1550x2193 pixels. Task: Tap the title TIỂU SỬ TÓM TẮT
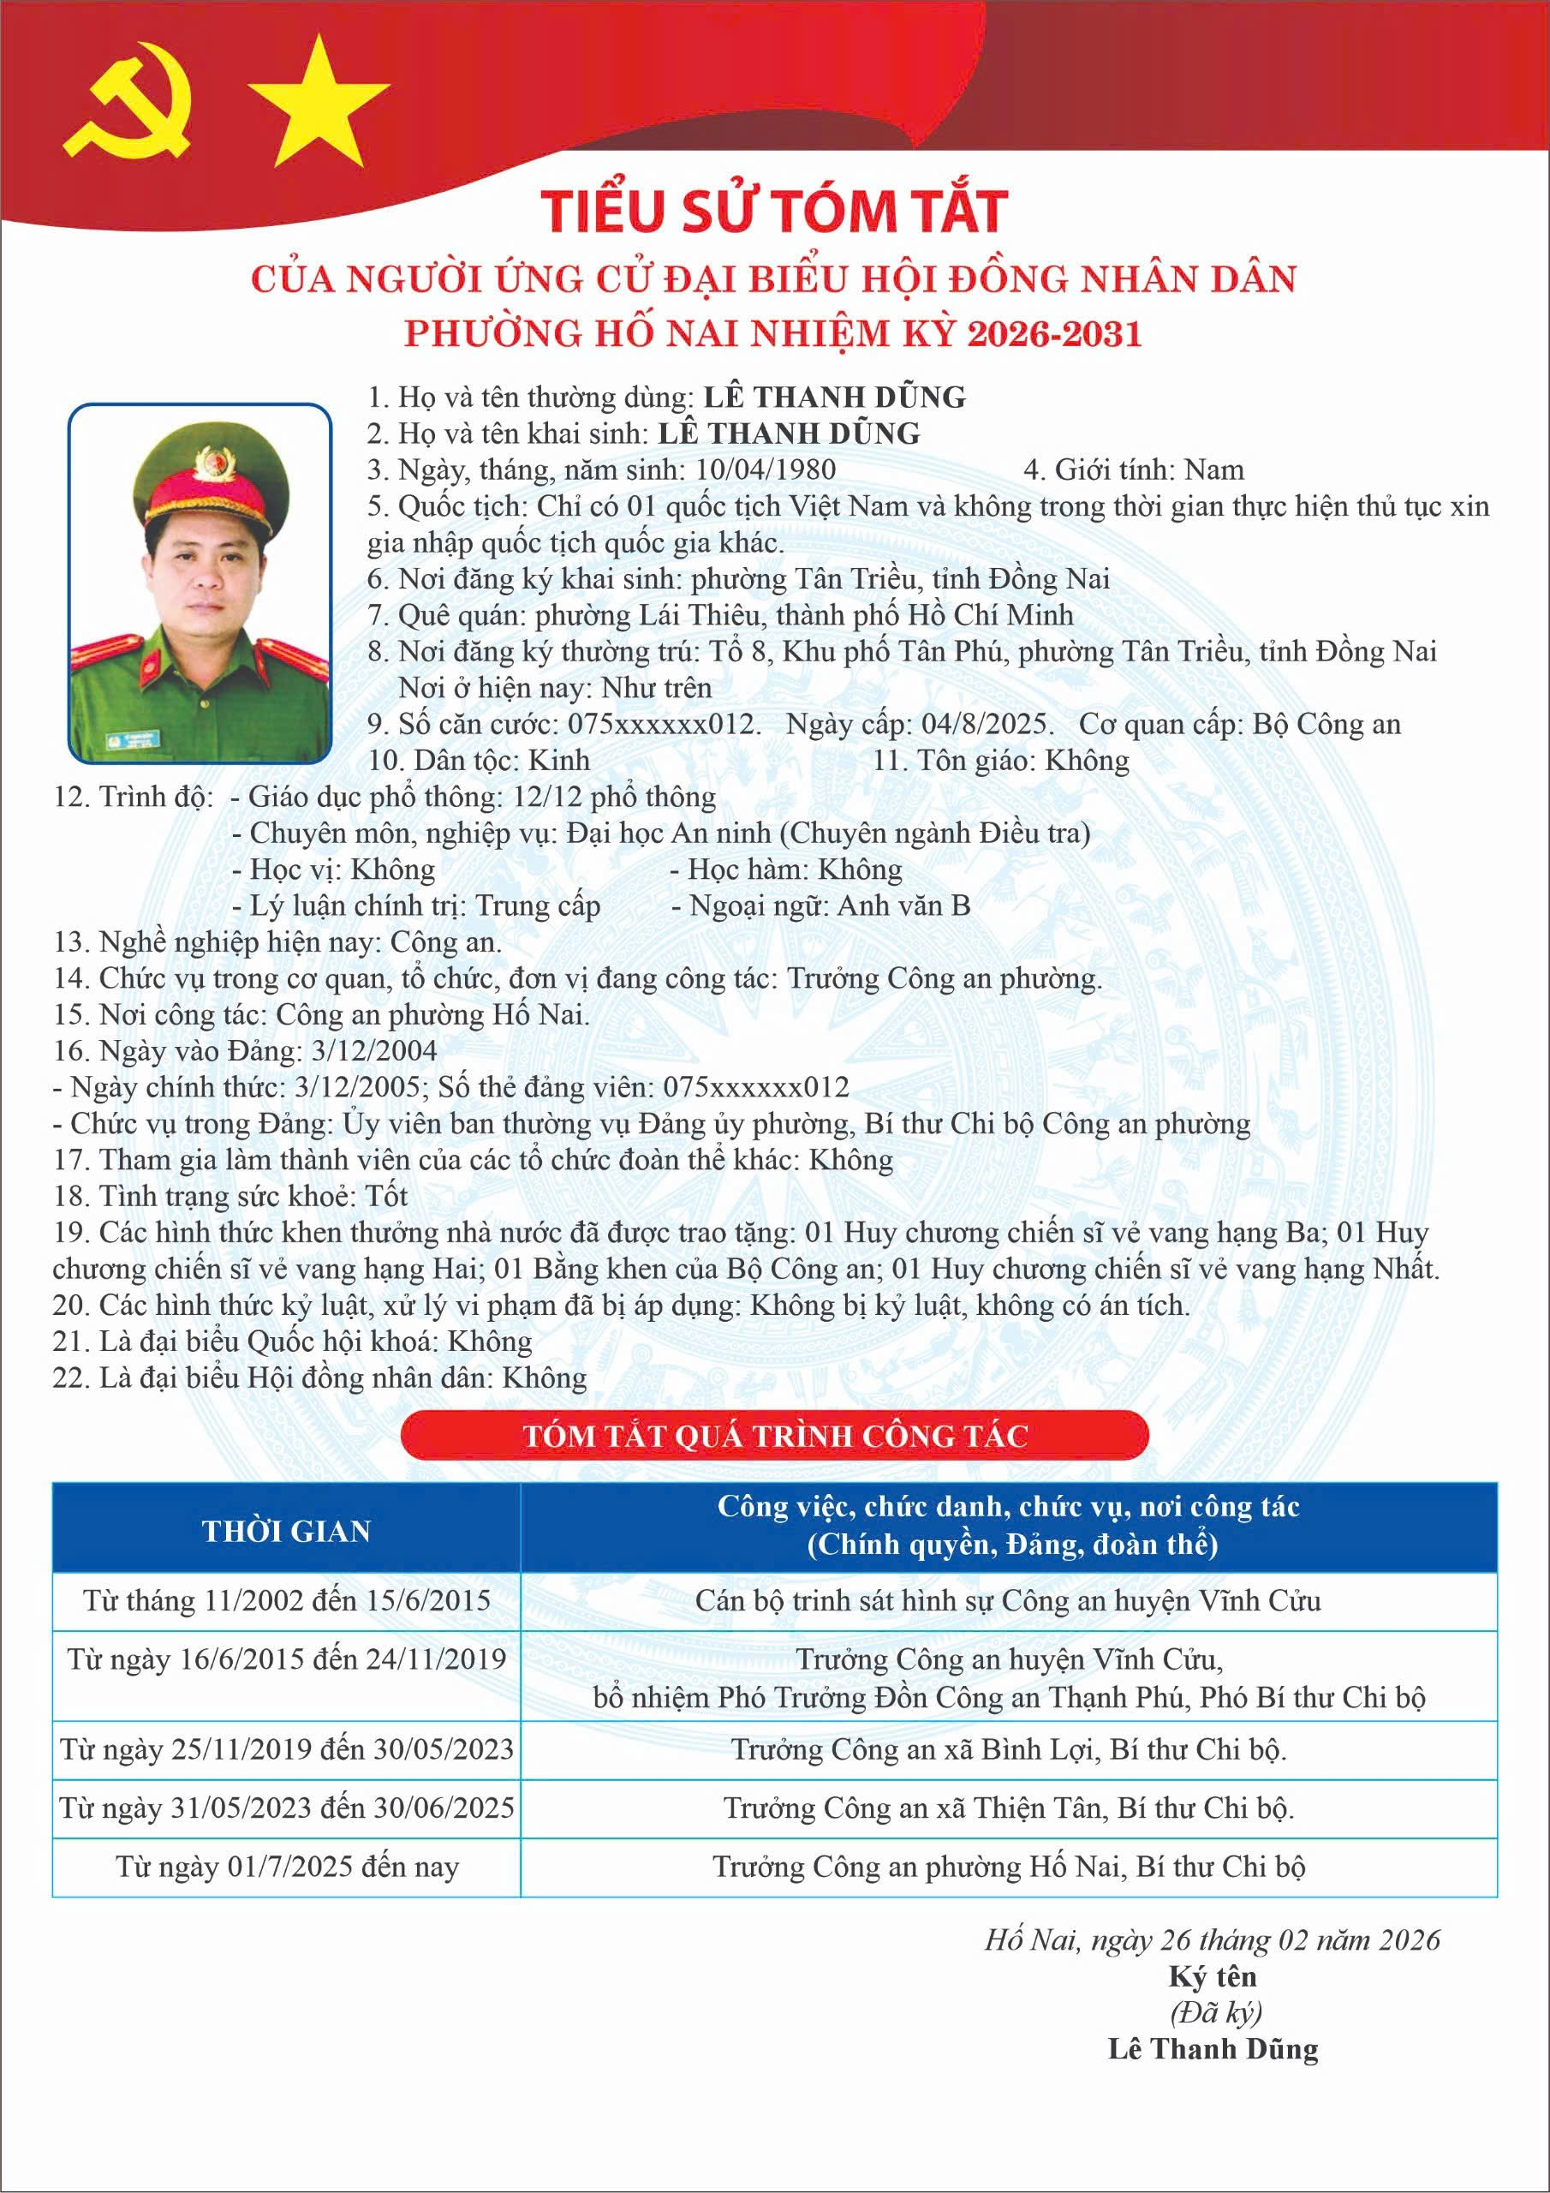773,211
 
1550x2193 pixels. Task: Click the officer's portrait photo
200,583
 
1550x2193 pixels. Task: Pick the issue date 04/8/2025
987,724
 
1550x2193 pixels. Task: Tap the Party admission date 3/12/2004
374,1050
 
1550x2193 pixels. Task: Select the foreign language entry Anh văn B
903,905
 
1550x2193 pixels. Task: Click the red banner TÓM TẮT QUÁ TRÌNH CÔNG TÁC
774,1436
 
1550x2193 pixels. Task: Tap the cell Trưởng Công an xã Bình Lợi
1009,1749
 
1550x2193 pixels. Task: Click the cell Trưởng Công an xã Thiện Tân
1009,1808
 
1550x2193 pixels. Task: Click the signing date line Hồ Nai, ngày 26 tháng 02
1212,1940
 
